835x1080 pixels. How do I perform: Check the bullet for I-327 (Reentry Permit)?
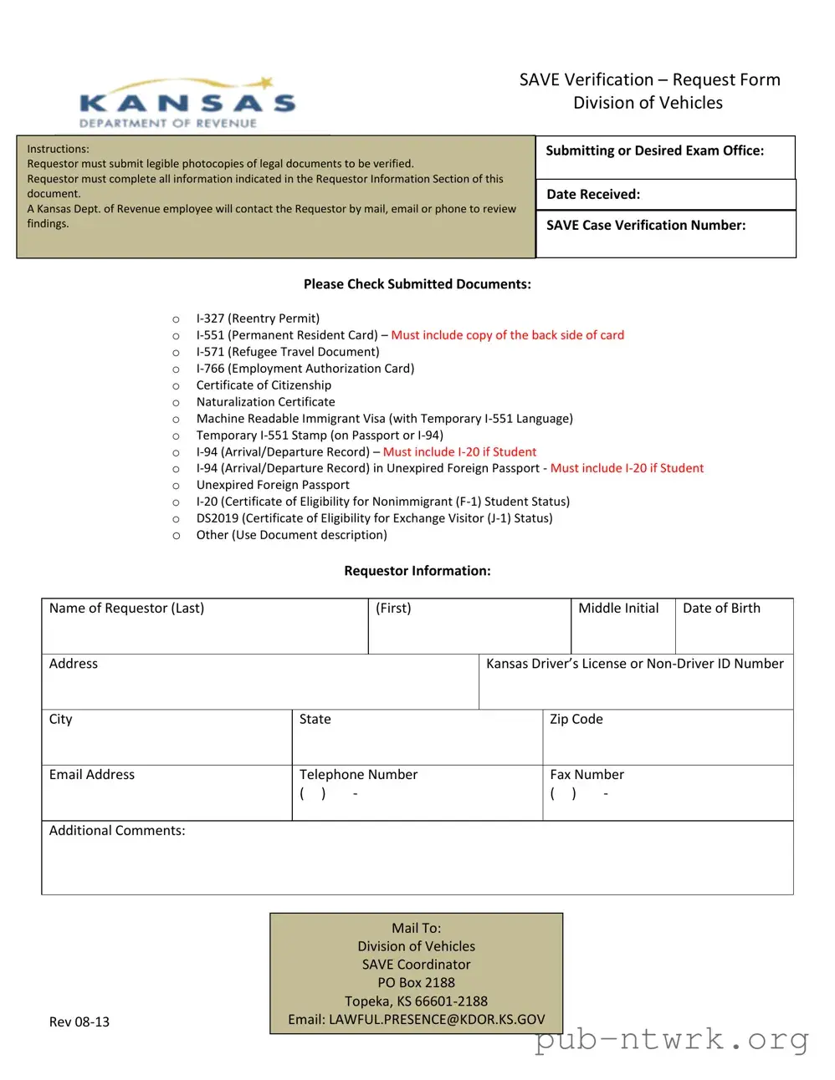[176, 319]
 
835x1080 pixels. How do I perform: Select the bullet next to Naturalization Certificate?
[176, 403]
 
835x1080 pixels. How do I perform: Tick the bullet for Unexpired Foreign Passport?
[176, 486]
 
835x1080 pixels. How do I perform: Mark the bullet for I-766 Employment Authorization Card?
[176, 369]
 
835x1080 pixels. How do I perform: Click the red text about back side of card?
[507, 335]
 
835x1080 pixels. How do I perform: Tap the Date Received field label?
[593, 195]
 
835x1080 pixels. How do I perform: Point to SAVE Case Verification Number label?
[645, 226]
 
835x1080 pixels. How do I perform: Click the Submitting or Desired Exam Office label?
[654, 151]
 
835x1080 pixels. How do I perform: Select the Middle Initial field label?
[618, 609]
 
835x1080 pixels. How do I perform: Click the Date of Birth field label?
[721, 609]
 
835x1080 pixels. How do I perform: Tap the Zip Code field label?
[576, 720]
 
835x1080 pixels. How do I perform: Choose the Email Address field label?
[92, 775]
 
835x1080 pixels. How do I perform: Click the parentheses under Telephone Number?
[312, 794]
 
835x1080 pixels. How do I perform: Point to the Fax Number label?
[587, 775]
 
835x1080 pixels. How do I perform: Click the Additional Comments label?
[117, 831]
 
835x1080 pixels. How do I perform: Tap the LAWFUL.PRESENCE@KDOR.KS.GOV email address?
[437, 1020]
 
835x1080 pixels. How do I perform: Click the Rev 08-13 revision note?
[79, 1022]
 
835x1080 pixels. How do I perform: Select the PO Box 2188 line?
[416, 983]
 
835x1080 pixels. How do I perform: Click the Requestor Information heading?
[417, 572]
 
